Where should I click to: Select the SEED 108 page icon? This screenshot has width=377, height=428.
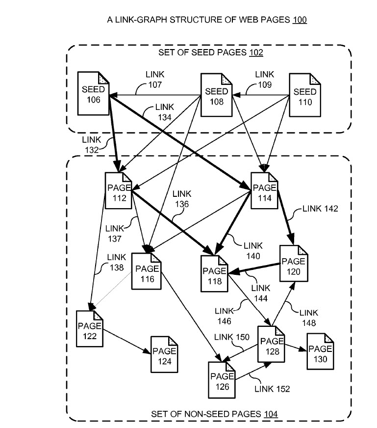[216, 96]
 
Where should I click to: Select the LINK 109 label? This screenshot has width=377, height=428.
[265, 79]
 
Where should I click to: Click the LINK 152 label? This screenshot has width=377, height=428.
[272, 389]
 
